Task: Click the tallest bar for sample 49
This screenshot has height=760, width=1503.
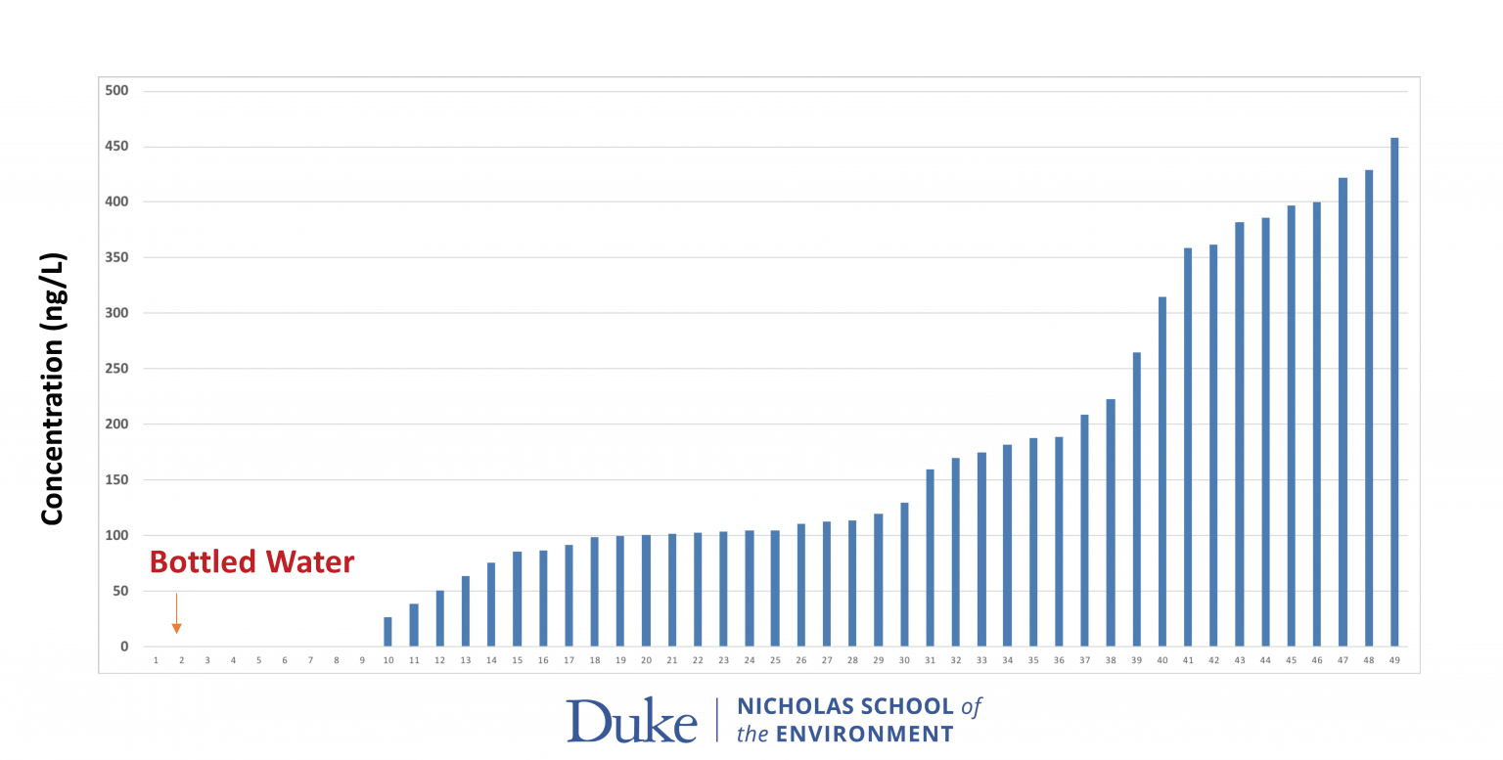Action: (1394, 391)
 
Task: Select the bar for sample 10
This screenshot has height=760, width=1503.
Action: (387, 632)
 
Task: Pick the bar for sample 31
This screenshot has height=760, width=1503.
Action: (930, 558)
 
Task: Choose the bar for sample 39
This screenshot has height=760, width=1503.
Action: (1136, 499)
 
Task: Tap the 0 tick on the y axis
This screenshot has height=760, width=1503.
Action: (124, 647)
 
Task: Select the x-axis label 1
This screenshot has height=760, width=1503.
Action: (156, 661)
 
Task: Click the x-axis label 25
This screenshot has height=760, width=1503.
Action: (775, 661)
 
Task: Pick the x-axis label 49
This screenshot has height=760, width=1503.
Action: (1394, 661)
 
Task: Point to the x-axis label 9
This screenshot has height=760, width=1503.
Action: (362, 661)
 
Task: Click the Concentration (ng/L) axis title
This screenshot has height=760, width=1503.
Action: (53, 388)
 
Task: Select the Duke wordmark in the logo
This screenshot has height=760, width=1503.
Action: (631, 721)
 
